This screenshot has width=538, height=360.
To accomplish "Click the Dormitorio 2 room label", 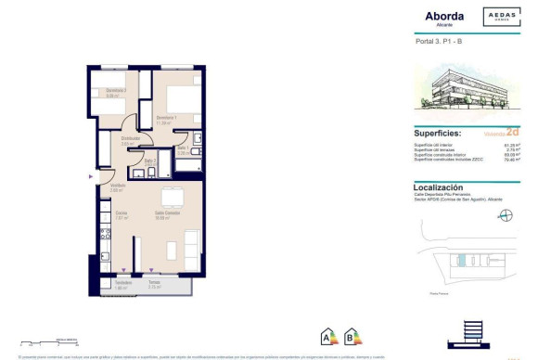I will pos(115,92).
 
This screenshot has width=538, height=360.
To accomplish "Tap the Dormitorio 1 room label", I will pos(166,119).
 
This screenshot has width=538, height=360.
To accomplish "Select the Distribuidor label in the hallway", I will pos(131,140).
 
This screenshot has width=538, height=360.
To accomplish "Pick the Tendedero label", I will pos(123,283).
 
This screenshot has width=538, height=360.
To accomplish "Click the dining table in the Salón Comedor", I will pos(172,199).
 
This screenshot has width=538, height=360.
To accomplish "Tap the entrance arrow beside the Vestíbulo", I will pos(91,175).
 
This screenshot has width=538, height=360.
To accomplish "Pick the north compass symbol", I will pos(505,215).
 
